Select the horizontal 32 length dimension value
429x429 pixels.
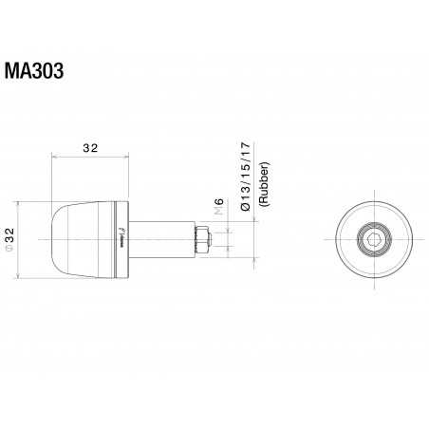(90, 148)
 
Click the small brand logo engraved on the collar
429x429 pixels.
(121, 238)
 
